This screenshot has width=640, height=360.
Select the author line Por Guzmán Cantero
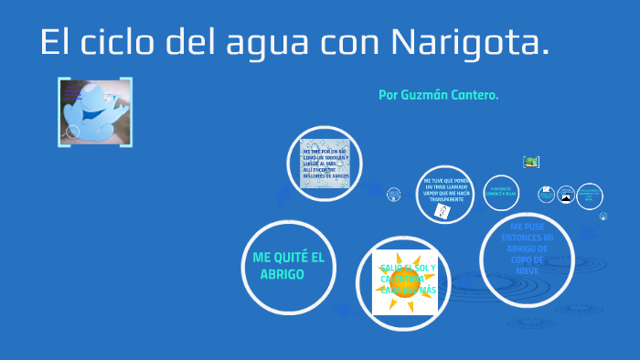(438, 95)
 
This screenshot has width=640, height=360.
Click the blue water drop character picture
(95, 112)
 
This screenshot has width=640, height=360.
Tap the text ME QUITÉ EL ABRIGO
(288, 266)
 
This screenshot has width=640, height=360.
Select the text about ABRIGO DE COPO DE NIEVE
(532, 248)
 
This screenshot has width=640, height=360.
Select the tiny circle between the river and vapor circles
(394, 194)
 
